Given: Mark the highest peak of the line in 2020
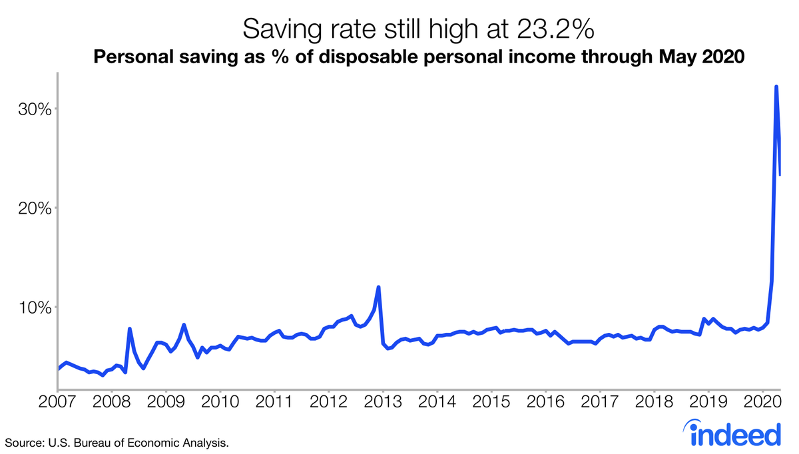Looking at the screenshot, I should (776, 87).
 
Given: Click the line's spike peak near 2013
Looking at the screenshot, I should (378, 287).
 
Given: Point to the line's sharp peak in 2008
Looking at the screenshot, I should (130, 329).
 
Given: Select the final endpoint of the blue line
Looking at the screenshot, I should (780, 175).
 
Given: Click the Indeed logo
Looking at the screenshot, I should (735, 433).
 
